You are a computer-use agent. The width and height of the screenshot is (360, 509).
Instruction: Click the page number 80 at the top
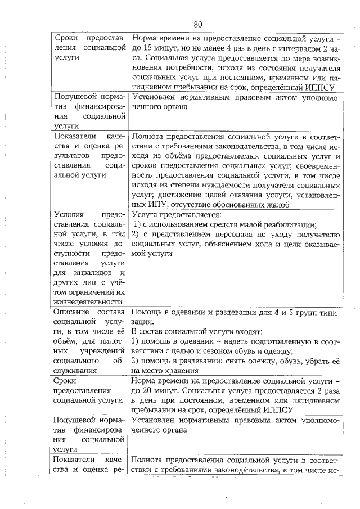pos(197,24)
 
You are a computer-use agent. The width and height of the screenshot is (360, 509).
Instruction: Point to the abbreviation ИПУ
pos(159,204)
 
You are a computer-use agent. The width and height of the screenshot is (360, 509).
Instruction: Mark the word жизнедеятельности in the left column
pos(86,302)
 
